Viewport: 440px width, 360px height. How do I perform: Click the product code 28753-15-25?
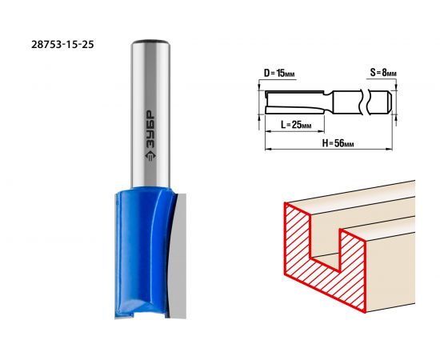(62, 44)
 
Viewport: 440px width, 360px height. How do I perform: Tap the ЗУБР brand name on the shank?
(150, 129)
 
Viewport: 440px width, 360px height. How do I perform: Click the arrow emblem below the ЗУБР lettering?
(150, 156)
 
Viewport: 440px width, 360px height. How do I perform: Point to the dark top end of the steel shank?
(150, 42)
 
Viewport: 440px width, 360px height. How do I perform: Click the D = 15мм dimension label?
(279, 74)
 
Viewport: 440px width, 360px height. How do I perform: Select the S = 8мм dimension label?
(383, 73)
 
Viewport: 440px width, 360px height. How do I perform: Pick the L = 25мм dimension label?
(296, 124)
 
